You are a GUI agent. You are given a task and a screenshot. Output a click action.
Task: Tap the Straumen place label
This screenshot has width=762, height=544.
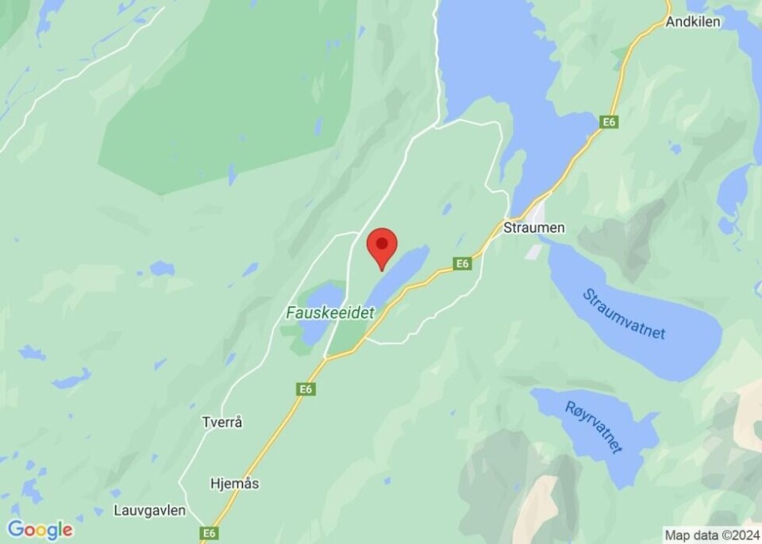click(534, 228)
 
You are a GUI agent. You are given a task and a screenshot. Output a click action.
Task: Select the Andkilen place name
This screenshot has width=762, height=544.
click(693, 21)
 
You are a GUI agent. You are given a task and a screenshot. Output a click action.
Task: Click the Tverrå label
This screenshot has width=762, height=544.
click(222, 423)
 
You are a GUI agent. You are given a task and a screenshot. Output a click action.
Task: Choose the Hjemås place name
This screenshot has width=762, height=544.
click(235, 483)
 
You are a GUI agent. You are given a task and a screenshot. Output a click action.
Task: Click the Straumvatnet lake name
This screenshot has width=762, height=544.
click(624, 315)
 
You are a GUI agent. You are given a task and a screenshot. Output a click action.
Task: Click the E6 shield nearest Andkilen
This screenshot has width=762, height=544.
click(609, 122)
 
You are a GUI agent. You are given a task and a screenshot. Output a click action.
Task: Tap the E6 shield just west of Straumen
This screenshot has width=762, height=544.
click(464, 263)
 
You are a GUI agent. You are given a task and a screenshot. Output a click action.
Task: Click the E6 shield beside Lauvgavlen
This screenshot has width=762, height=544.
click(208, 533)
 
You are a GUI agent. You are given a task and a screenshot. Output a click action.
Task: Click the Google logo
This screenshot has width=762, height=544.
click(40, 530)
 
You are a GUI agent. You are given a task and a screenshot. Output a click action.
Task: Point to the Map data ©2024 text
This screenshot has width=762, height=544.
click(711, 534)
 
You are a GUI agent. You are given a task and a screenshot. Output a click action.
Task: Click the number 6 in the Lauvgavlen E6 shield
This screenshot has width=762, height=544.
click(211, 533)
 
